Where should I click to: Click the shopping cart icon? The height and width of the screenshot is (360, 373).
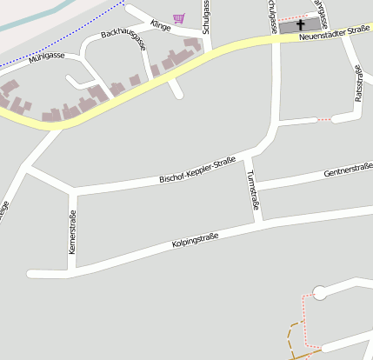pos(179,18)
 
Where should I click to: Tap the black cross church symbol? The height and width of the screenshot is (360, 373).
pos(302,26)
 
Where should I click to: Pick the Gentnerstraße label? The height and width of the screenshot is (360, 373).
pos(348,171)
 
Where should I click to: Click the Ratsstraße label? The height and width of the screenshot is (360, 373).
pos(358,83)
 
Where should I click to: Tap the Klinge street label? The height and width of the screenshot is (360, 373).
pos(160,25)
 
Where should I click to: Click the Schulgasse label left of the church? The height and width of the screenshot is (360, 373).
pos(207,17)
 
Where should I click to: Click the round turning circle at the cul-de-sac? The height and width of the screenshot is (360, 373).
pos(319,294)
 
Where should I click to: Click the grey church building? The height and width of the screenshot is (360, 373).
pos(291,26)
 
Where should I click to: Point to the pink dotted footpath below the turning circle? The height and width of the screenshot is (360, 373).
pos(303,317)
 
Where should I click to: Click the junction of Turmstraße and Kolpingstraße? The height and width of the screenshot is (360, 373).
pos(258,221)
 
